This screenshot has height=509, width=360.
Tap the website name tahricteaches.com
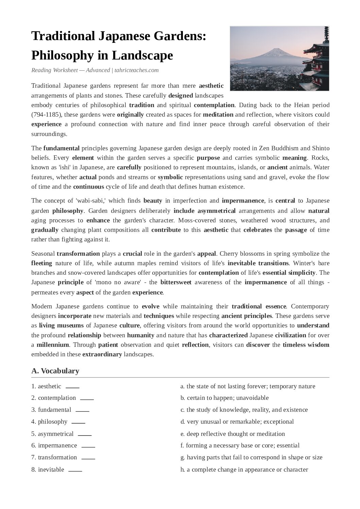136,70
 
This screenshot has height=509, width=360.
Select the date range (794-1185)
46,115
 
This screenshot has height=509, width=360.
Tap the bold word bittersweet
176,282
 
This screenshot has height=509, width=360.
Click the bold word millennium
53,345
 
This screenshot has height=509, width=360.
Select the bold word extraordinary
102,354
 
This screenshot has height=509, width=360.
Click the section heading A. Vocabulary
55,371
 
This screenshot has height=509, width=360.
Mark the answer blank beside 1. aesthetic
72,387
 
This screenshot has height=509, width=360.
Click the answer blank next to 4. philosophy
78,422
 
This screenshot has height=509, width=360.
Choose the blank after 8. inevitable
75,470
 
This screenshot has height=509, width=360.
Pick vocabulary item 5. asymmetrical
52,434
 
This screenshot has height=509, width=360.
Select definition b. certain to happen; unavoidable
224,398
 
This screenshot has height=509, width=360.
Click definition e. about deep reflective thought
233,434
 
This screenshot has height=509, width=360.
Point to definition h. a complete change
244,470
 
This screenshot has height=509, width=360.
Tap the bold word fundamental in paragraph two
61,148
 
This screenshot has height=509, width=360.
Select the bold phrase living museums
61,325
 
